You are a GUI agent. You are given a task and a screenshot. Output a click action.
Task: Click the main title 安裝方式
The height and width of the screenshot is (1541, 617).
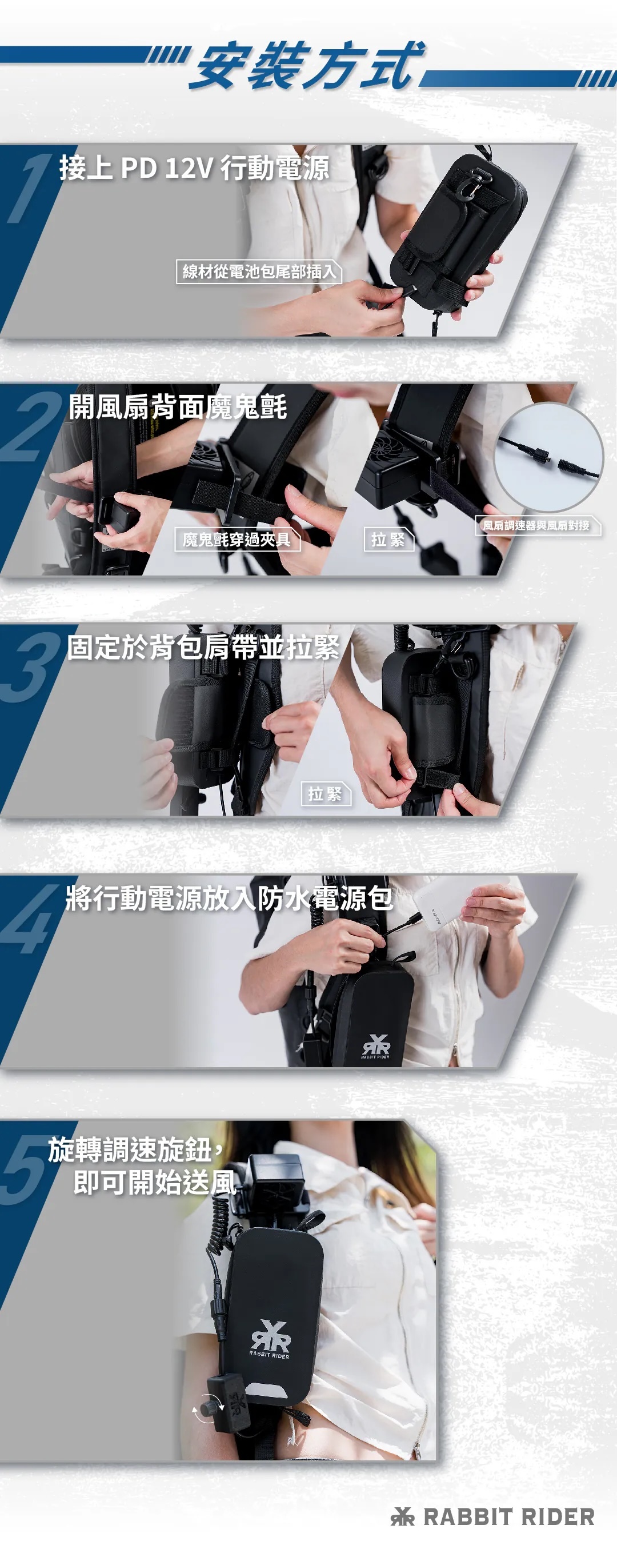(306, 65)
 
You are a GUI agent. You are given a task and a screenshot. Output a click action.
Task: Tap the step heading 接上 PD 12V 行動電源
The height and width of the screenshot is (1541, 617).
(194, 168)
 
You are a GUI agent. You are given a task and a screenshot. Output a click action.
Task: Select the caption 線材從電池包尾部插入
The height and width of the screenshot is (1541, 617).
(259, 272)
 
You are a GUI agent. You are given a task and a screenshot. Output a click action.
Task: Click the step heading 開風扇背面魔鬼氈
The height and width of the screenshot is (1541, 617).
(178, 408)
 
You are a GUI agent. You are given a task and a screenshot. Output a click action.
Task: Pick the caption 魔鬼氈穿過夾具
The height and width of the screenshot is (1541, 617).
(237, 540)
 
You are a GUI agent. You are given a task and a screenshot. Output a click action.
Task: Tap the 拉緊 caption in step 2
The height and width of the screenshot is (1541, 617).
(388, 540)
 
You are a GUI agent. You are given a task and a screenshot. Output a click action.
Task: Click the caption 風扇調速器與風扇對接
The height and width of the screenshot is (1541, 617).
(536, 525)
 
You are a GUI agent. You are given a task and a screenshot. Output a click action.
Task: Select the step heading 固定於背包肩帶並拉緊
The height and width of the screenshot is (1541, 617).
(203, 648)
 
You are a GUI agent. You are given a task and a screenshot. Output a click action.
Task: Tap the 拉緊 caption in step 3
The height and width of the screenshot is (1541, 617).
(325, 794)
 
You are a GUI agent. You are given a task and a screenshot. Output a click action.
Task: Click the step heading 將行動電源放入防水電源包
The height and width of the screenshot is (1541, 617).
(230, 899)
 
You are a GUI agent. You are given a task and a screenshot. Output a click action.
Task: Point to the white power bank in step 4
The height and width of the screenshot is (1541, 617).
(460, 903)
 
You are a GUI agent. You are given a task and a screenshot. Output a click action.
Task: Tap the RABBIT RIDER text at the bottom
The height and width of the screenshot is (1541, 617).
(509, 1516)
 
